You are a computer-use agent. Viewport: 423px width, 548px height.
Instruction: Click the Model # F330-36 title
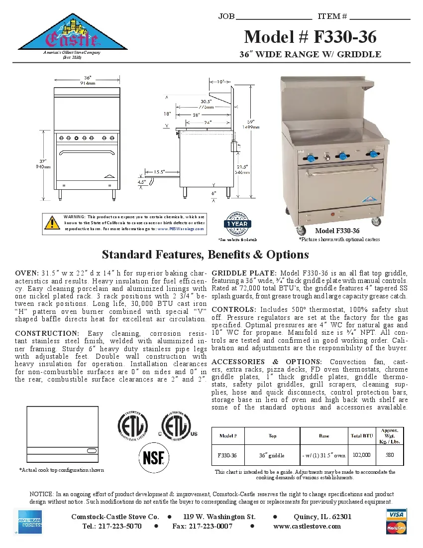(x=310, y=37)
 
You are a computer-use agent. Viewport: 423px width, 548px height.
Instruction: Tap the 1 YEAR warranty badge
(x=237, y=224)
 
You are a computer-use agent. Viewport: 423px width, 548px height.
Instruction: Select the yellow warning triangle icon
(x=52, y=223)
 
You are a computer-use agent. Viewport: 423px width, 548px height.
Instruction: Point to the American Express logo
(x=30, y=522)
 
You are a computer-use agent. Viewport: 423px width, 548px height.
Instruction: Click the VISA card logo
(x=396, y=514)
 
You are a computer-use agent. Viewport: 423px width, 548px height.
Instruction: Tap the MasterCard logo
(x=396, y=528)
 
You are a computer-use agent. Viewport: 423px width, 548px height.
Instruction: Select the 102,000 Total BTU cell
(x=361, y=455)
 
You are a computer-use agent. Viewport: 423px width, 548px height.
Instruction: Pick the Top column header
(x=272, y=436)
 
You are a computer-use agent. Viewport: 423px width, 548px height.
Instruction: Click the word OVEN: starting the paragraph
(x=27, y=274)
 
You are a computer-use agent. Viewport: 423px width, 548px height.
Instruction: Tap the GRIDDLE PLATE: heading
(x=244, y=274)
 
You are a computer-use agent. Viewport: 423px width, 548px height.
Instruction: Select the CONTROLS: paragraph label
(x=234, y=309)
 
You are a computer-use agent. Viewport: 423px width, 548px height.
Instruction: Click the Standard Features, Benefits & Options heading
(x=205, y=255)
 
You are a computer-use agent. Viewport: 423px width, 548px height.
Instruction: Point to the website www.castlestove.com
(x=307, y=526)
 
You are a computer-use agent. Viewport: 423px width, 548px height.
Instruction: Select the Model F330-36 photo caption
(x=337, y=231)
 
